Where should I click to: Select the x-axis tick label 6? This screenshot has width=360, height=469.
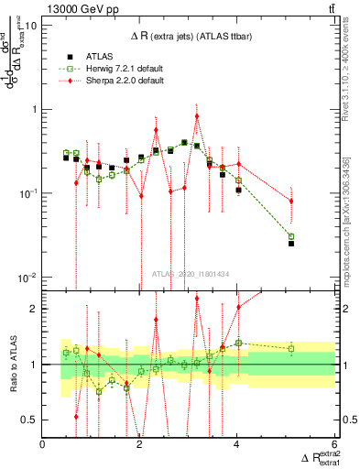(x=334, y=444)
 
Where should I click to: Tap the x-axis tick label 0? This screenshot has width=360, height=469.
(x=43, y=444)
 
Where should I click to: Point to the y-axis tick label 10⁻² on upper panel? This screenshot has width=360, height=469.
(x=27, y=278)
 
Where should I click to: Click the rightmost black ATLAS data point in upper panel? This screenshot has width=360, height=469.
(x=291, y=244)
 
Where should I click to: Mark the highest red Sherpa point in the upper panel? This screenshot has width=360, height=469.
(x=197, y=116)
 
